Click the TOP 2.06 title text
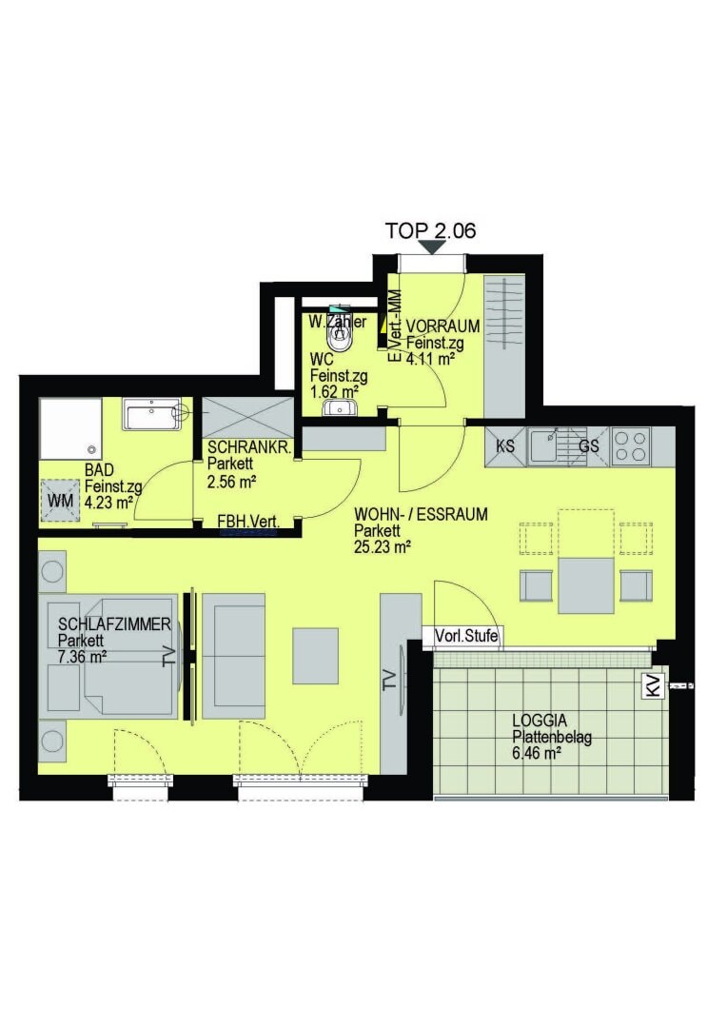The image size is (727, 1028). pyautogui.click(x=430, y=229)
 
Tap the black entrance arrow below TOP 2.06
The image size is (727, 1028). pyautogui.click(x=433, y=247)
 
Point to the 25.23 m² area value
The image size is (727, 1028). pyautogui.click(x=383, y=546)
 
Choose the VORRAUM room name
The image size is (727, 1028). pyautogui.click(x=442, y=326)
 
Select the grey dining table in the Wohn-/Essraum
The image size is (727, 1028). pyautogui.click(x=586, y=585)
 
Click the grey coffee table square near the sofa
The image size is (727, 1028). pyautogui.click(x=315, y=655)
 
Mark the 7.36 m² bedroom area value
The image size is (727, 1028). pyautogui.click(x=82, y=656)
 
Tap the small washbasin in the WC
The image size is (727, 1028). pyautogui.click(x=340, y=408)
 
